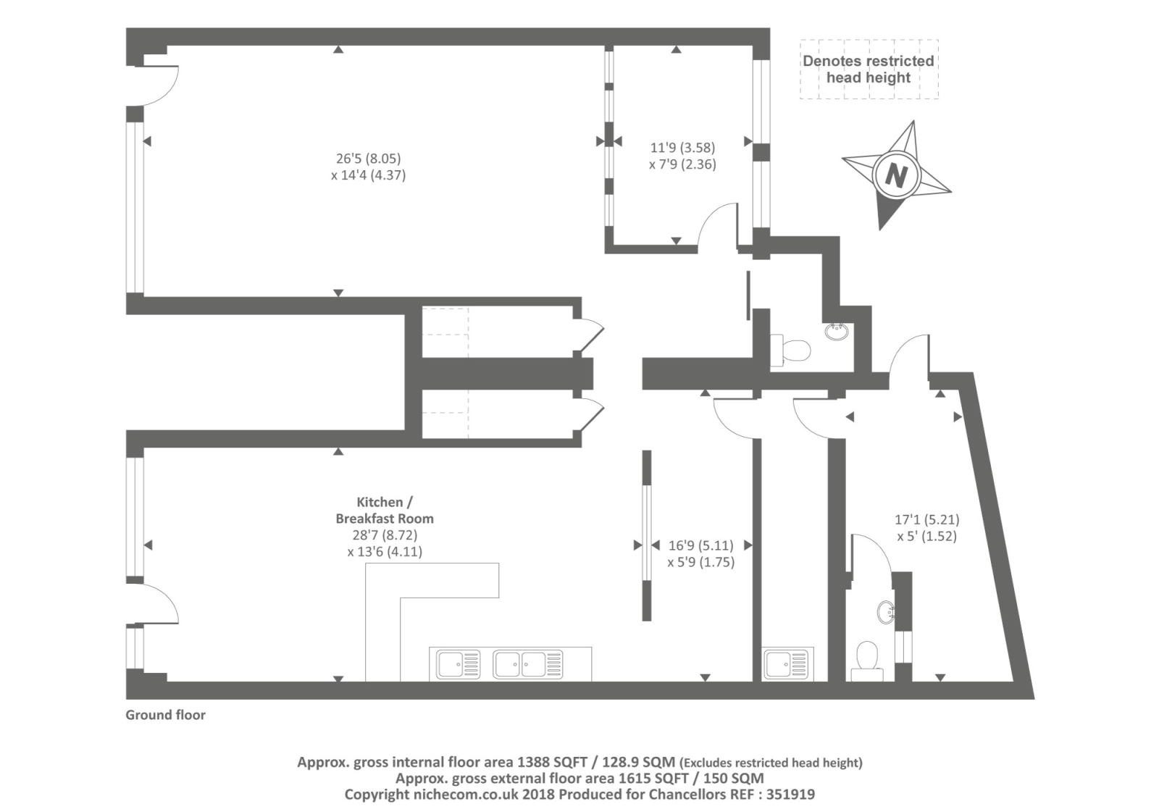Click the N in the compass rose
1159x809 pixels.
click(895, 176)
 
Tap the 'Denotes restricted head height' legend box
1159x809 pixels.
click(869, 70)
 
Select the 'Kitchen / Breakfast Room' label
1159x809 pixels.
click(385, 510)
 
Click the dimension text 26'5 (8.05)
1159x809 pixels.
click(369, 158)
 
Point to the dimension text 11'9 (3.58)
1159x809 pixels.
click(682, 148)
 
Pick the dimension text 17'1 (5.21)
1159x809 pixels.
click(927, 519)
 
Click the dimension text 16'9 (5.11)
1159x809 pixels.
click(701, 545)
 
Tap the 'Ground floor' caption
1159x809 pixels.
click(166, 715)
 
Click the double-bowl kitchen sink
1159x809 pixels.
click(528, 664)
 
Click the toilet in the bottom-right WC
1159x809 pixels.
click(867, 661)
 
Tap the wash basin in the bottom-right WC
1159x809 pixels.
click(887, 613)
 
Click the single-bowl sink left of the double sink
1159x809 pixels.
click(459, 664)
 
